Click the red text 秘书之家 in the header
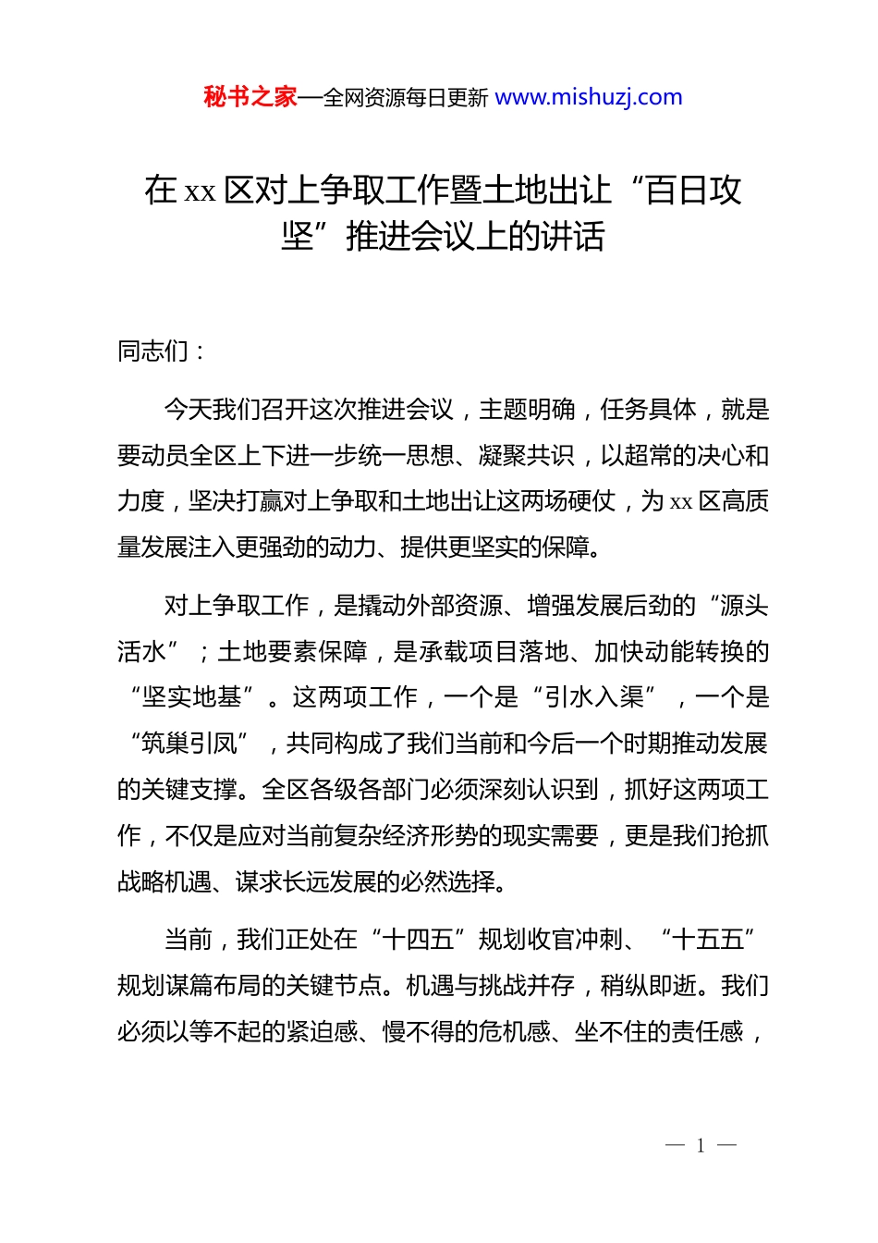pos(250,97)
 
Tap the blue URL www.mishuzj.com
pos(589,97)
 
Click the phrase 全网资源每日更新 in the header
pos(406,98)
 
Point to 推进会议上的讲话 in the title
pos(475,237)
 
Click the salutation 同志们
pos(153,351)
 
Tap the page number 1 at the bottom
pos(701,1146)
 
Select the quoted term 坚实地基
pos(191,697)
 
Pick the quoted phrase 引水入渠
pos(594,697)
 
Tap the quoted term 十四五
pos(418,940)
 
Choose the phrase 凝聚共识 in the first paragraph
pos(527,456)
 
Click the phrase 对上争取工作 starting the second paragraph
pos(237,606)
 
